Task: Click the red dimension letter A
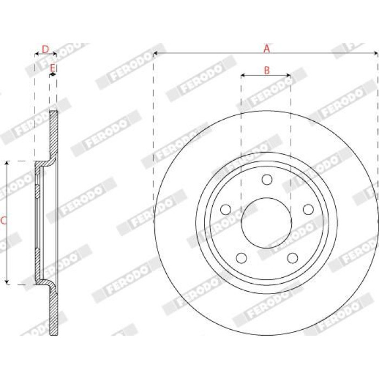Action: tap(266, 49)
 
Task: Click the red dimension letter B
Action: tap(266, 70)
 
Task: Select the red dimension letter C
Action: tap(3, 221)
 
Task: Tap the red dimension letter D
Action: tap(45, 49)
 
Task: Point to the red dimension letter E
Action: tap(53, 68)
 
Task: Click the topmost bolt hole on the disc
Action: tap(267, 180)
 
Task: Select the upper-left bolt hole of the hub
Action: tap(226, 210)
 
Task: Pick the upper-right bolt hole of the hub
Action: tap(308, 210)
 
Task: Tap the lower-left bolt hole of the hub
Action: tap(241, 258)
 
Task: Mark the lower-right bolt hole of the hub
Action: tap(292, 258)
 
